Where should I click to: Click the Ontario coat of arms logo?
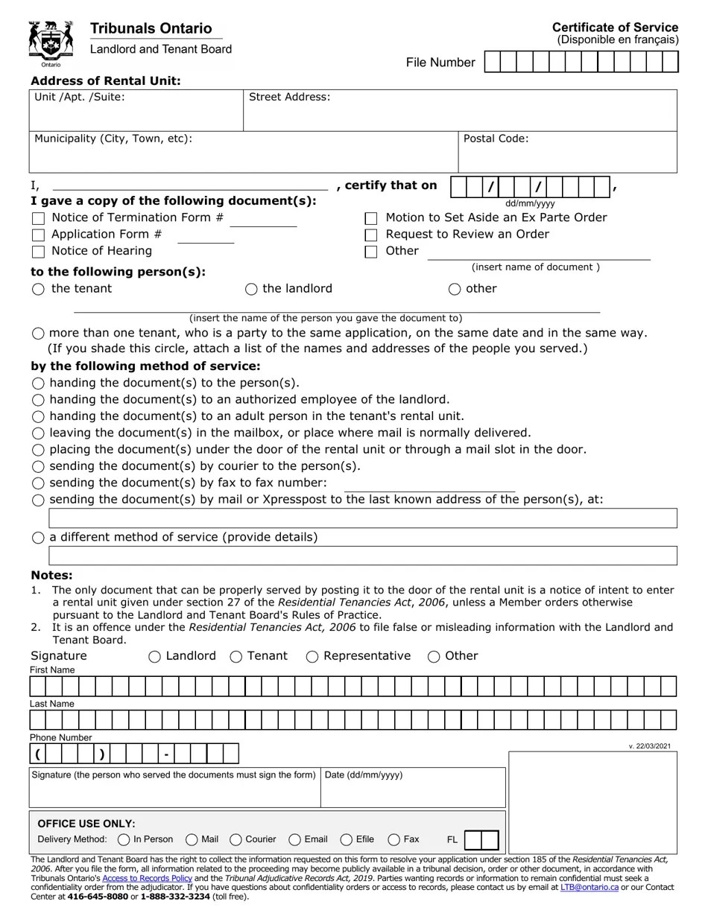point(51,43)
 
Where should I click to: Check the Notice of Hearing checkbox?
point(39,252)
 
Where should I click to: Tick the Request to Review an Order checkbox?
point(371,235)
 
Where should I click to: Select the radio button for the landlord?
point(251,289)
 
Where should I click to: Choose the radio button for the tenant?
point(39,289)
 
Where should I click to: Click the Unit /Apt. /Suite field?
point(136,116)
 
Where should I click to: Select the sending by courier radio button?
point(39,467)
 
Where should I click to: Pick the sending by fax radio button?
point(39,483)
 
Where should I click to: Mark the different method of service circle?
point(39,538)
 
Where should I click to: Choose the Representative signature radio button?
point(312,656)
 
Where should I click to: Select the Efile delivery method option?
point(347,840)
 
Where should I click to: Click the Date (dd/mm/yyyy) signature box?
point(413,792)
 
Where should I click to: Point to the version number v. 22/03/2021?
point(649,746)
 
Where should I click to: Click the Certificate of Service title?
point(615,28)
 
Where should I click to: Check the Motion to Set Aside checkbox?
point(371,219)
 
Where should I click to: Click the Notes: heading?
point(51,576)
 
